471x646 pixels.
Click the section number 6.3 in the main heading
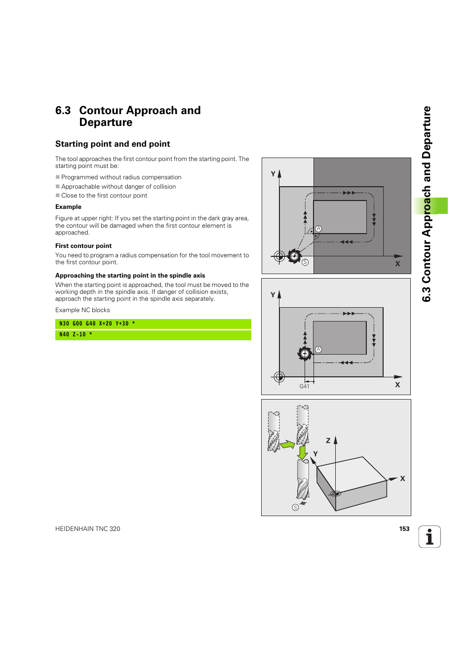(x=63, y=111)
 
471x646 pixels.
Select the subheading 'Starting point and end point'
(x=113, y=144)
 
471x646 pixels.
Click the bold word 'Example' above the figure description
(x=68, y=207)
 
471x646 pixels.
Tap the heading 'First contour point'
(x=83, y=246)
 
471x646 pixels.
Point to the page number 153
(x=404, y=529)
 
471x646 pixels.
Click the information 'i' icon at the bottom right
(x=430, y=537)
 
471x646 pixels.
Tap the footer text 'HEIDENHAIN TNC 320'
(x=88, y=529)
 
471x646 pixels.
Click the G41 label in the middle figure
(x=304, y=386)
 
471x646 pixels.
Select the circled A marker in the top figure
(x=318, y=229)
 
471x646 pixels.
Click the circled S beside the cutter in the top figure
(x=305, y=262)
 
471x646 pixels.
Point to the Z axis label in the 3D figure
(x=328, y=441)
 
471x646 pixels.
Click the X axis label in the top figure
(x=397, y=264)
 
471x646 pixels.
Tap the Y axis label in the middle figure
(x=273, y=295)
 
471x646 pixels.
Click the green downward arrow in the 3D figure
(x=303, y=452)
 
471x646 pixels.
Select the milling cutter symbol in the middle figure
(x=305, y=353)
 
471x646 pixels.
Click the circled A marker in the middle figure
(x=318, y=349)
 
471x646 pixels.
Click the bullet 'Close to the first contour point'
(x=104, y=196)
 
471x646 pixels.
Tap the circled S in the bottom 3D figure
(x=295, y=507)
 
